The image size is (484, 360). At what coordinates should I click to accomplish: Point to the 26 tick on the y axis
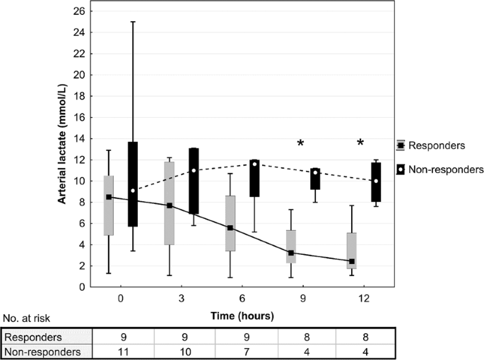(81, 11)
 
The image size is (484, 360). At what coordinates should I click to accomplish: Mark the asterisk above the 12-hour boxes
(360, 144)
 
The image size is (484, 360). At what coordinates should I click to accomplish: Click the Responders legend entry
(430, 145)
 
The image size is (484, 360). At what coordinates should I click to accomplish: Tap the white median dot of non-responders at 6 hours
(254, 164)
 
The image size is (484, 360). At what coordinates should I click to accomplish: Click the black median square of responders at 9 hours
(290, 253)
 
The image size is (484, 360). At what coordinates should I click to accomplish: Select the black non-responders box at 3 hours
(194, 181)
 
